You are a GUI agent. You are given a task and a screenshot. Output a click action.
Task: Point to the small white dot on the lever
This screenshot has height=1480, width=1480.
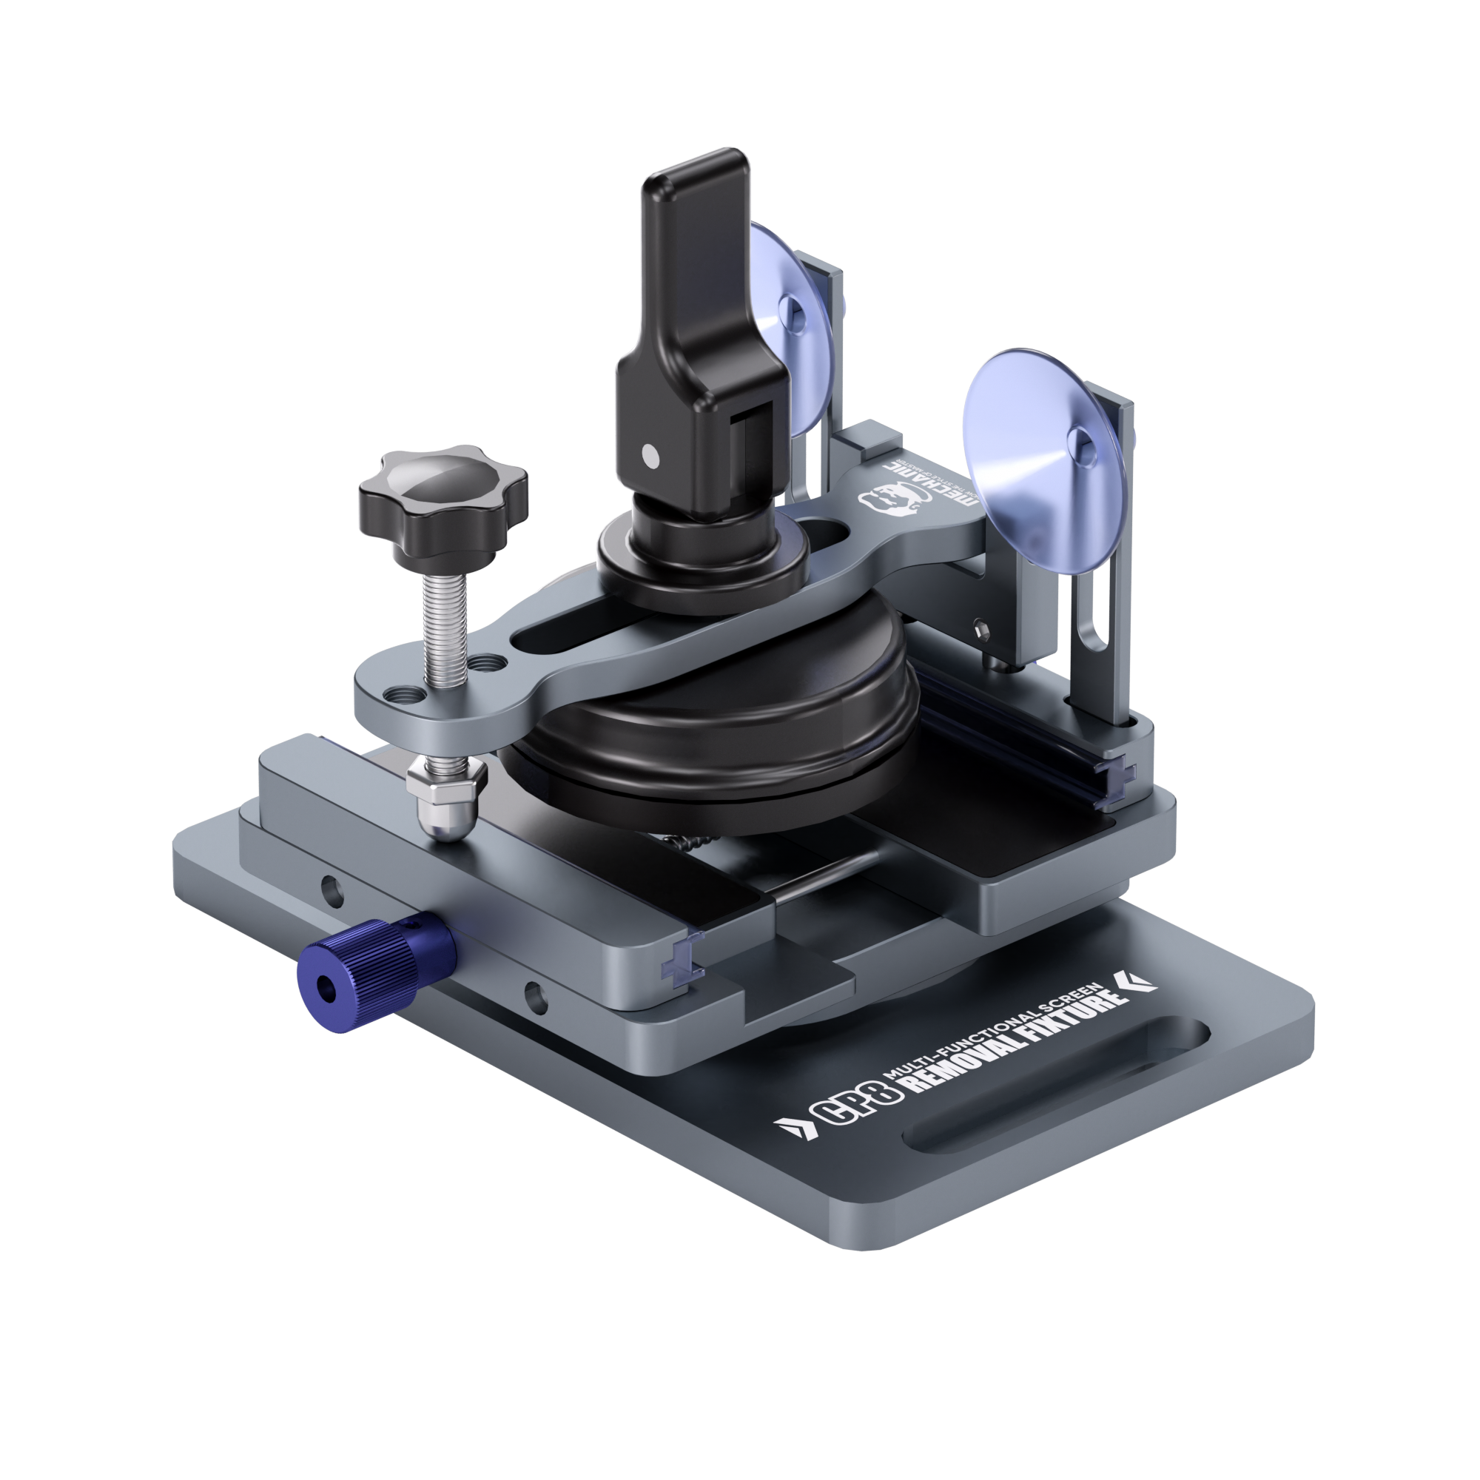click(650, 457)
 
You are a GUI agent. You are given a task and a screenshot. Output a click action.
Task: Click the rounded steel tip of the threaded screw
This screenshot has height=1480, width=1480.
click(447, 824)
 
